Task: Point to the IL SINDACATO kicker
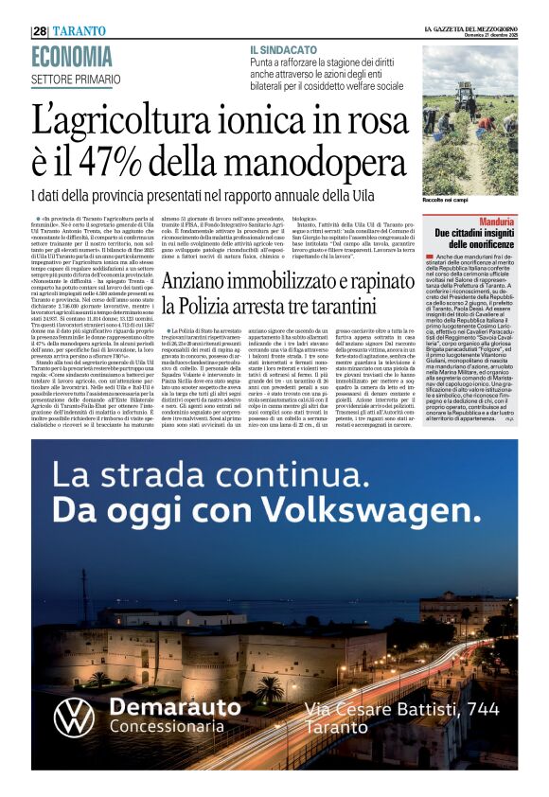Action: pos(283,48)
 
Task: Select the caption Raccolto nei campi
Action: pos(448,200)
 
